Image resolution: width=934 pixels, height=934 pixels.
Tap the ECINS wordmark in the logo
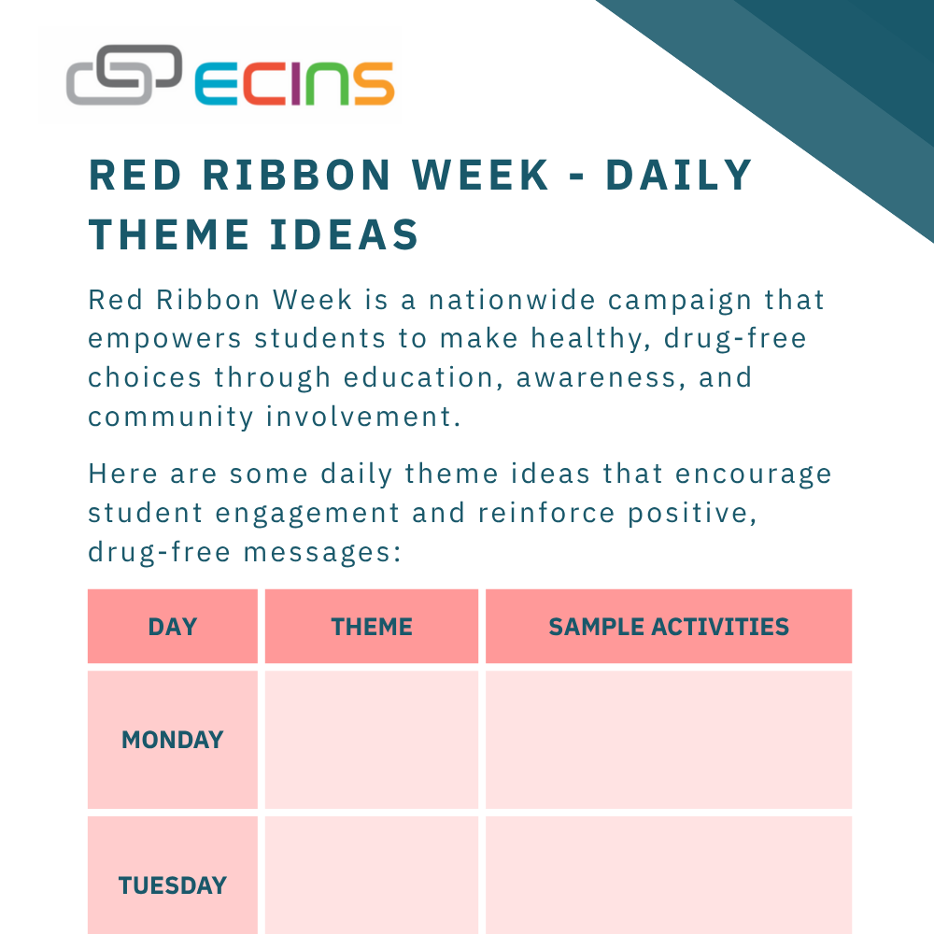point(294,83)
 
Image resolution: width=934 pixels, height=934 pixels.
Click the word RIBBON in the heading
point(297,176)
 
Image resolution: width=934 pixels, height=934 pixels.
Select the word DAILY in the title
point(679,176)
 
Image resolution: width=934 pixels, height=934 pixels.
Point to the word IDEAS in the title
point(345,234)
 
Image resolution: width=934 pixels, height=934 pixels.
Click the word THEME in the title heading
point(169,234)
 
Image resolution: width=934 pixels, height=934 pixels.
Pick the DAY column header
point(173,627)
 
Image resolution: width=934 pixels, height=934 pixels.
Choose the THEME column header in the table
point(372,627)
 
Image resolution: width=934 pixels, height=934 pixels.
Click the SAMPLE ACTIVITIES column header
point(669,627)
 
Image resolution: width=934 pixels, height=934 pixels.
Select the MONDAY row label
point(173,740)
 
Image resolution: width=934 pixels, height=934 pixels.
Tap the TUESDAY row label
point(173,885)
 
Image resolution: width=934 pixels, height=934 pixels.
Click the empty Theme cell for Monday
point(372,740)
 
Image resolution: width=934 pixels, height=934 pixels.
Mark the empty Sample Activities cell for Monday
point(669,740)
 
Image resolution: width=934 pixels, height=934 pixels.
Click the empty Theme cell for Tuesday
point(372,876)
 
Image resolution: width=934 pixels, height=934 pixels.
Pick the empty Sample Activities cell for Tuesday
point(669,876)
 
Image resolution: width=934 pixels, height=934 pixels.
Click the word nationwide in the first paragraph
point(512,300)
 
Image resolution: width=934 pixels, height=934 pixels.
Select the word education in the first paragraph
point(418,377)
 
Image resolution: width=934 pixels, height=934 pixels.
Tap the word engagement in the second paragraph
point(307,514)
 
